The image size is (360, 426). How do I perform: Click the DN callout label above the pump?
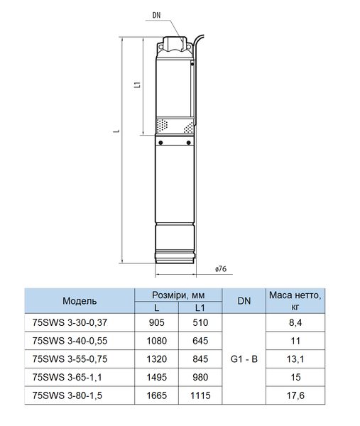(156, 15)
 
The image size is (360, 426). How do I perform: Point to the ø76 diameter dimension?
(221, 268)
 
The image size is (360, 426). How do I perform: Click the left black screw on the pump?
(160, 143)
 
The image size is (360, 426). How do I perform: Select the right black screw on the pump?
(189, 143)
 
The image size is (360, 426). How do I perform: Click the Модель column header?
(80, 301)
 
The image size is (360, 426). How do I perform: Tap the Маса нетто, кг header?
(295, 301)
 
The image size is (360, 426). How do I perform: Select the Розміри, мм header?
(178, 295)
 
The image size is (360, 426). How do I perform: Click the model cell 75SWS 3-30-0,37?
(70, 322)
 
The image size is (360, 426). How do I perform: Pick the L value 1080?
(157, 341)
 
